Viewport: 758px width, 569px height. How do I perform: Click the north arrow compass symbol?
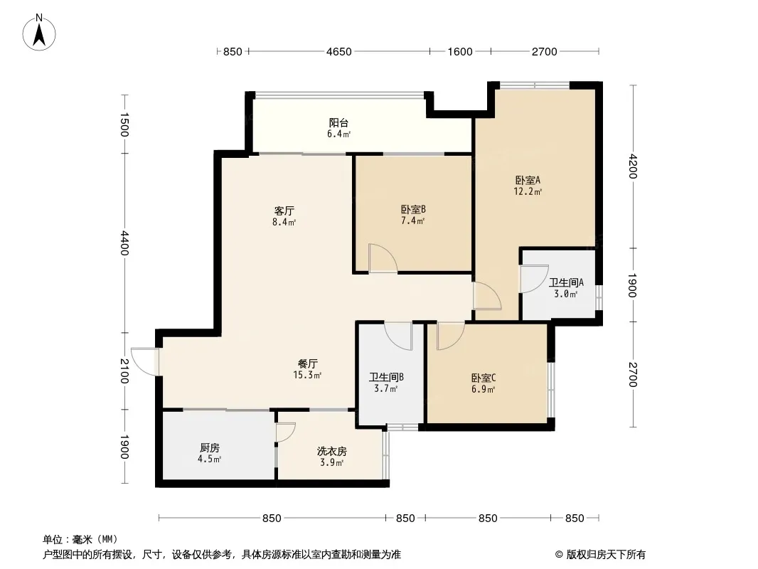(39, 33)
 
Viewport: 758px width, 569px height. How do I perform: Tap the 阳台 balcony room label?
(338, 123)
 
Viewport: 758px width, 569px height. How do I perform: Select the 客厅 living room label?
(284, 211)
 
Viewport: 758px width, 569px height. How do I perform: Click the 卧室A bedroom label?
(528, 181)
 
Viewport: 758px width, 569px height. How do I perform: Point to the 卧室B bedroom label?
(413, 210)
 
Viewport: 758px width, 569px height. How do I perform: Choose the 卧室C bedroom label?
(484, 378)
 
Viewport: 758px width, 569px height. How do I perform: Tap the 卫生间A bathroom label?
(566, 282)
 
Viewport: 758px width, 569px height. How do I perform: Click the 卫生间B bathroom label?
(386, 377)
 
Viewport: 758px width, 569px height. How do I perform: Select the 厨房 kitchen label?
(210, 448)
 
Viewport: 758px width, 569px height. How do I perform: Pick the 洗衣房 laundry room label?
(331, 452)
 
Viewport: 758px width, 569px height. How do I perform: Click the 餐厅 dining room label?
(307, 363)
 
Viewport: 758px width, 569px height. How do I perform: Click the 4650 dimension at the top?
(339, 52)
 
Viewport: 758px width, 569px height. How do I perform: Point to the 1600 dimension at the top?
(460, 52)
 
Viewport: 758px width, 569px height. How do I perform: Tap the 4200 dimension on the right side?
(632, 166)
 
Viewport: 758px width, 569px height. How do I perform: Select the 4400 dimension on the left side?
(124, 243)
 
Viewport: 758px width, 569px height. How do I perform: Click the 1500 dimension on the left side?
(124, 124)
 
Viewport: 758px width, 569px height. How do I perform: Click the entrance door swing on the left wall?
(144, 361)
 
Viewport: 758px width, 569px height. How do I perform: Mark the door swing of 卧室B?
(383, 259)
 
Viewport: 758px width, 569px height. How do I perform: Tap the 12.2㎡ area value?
(528, 191)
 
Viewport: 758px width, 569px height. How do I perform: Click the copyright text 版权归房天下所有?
(606, 555)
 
